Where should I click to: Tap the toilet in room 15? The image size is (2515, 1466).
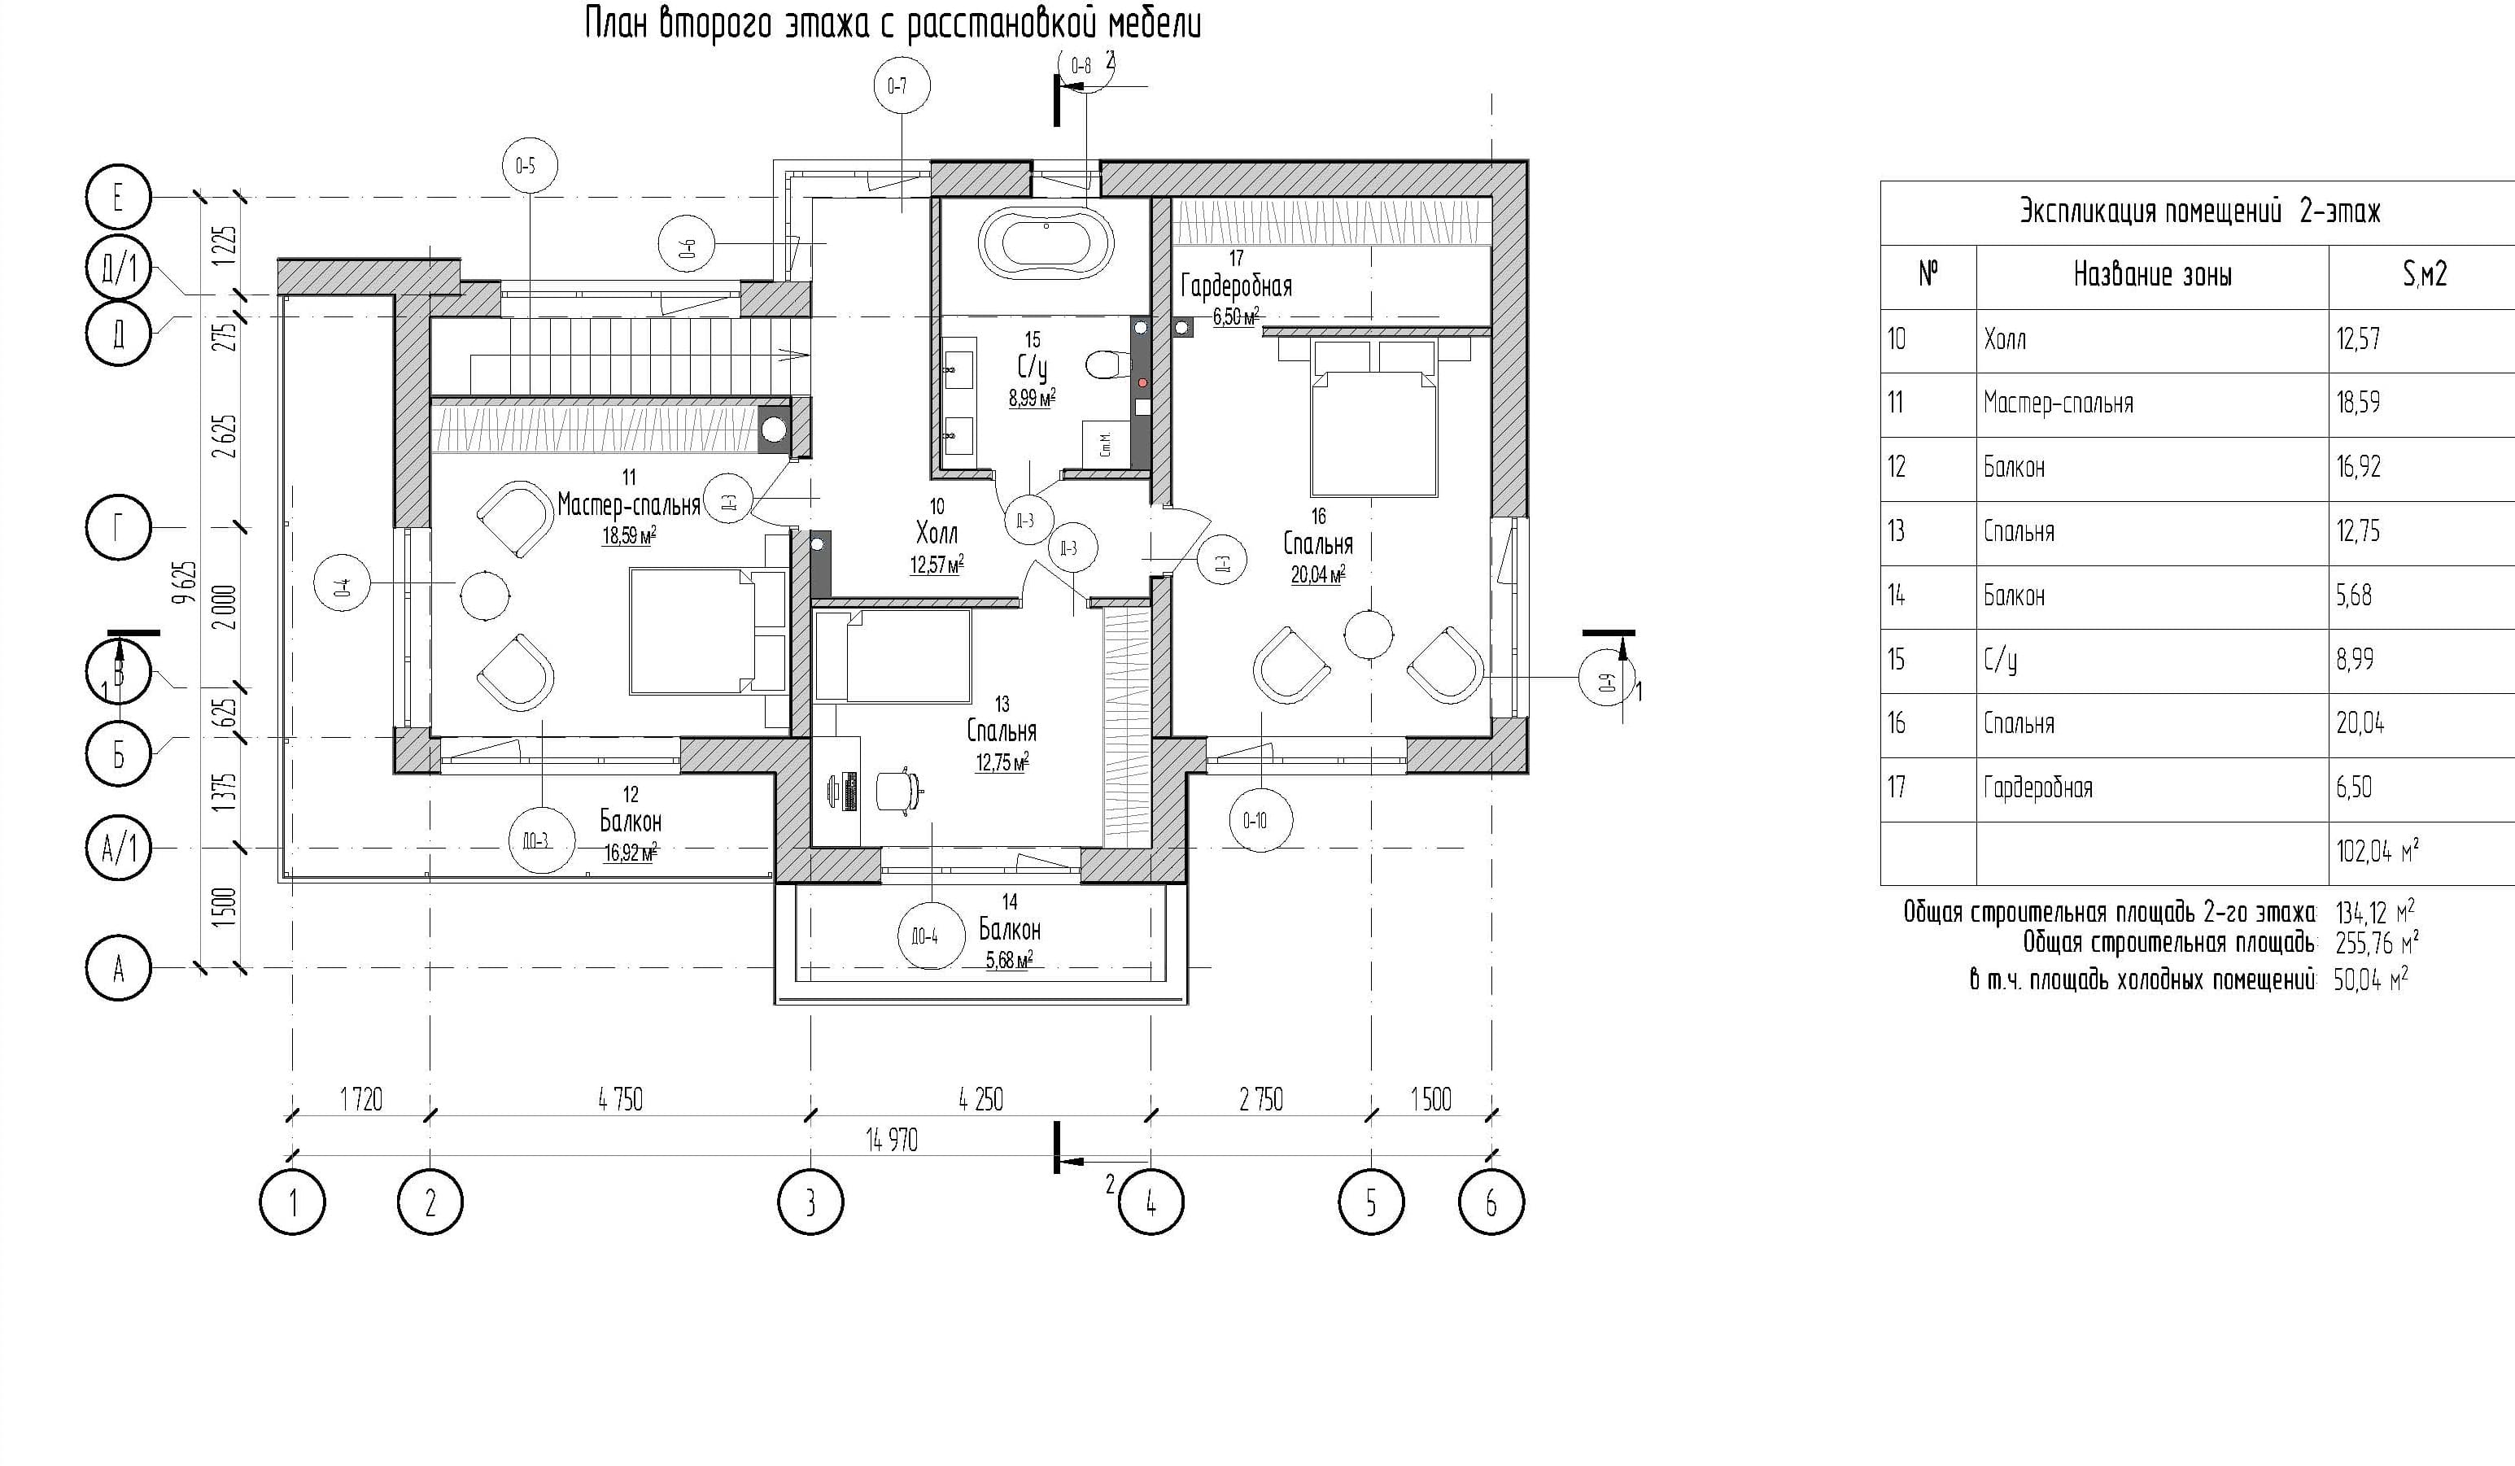[x=1105, y=365]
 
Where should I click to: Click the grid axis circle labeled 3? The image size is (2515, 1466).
[x=810, y=1202]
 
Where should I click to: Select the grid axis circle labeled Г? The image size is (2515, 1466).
[x=119, y=527]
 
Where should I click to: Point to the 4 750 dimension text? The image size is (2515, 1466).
[x=621, y=1100]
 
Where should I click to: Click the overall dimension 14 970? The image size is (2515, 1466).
[x=891, y=1140]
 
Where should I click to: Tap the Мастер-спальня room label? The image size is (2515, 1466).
[x=628, y=505]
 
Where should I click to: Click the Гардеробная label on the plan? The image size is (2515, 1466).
[x=1236, y=286]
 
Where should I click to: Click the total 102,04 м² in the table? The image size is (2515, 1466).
[x=2377, y=851]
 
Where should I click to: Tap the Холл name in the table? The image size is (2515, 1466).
[x=2005, y=339]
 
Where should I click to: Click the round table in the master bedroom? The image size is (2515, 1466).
[x=485, y=596]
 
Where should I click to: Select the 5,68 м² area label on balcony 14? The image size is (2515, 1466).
[x=1009, y=960]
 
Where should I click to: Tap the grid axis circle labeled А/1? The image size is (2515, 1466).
[x=119, y=849]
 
